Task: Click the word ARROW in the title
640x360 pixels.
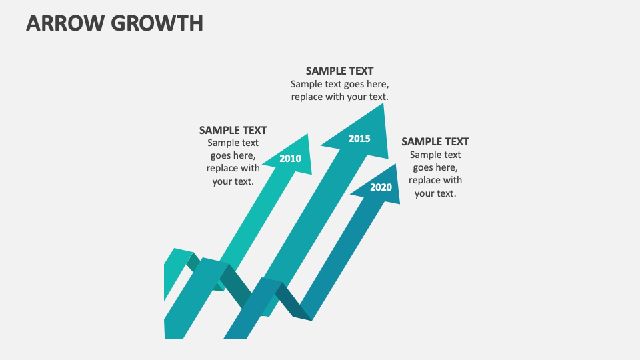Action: coord(63,23)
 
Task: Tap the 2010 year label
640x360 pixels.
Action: coord(290,159)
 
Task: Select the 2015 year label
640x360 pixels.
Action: coord(359,139)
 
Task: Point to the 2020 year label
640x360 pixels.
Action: coord(381,187)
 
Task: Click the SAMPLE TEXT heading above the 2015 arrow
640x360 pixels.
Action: coord(339,71)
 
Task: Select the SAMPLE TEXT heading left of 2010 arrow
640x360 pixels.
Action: coord(233,131)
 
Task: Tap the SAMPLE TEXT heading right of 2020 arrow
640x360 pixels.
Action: coord(435,141)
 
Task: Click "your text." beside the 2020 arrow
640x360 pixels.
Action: coord(435,193)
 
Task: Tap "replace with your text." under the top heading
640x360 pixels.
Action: coord(339,97)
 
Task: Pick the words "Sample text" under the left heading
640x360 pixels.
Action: coord(233,143)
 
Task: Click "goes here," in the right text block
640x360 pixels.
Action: coord(435,167)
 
